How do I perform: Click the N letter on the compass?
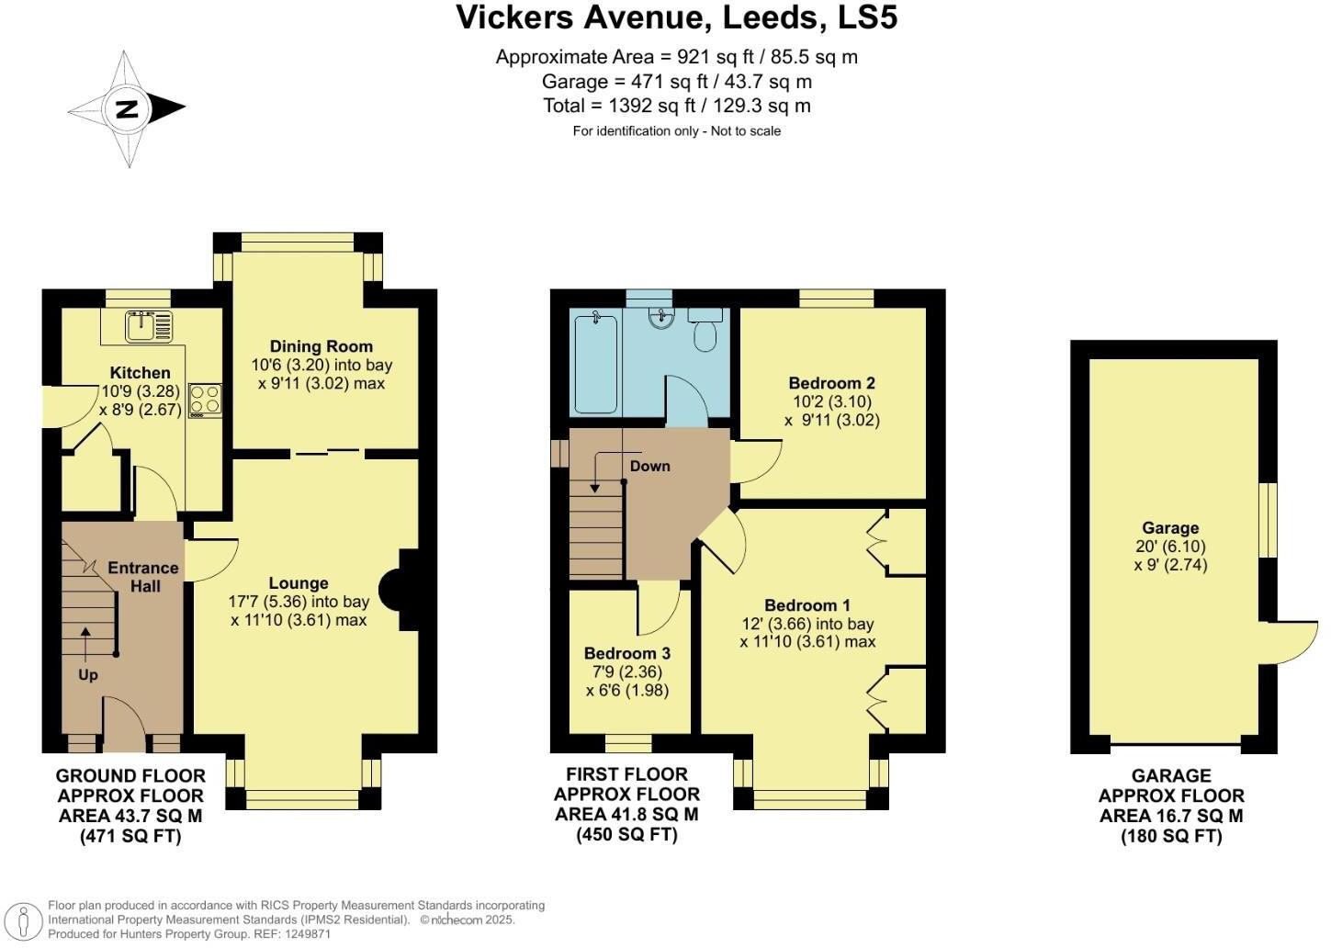(127, 109)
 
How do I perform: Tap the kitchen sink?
(149, 326)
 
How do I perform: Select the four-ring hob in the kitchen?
(206, 400)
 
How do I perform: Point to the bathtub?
(595, 364)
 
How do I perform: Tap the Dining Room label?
(321, 346)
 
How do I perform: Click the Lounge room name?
(299, 583)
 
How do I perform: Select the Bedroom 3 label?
(626, 653)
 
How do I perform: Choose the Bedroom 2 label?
(831, 383)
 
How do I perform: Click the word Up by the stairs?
(88, 675)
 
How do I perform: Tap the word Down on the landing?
(650, 466)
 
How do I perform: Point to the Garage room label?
(1170, 528)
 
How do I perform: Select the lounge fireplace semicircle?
(389, 590)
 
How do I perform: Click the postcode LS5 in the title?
(867, 17)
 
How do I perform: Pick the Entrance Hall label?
(144, 577)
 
